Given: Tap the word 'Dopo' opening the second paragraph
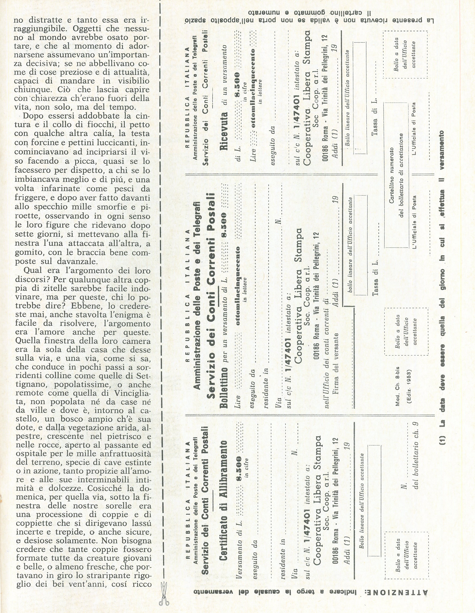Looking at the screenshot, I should click(32, 116).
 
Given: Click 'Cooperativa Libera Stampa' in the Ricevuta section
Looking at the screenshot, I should click(307, 99).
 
